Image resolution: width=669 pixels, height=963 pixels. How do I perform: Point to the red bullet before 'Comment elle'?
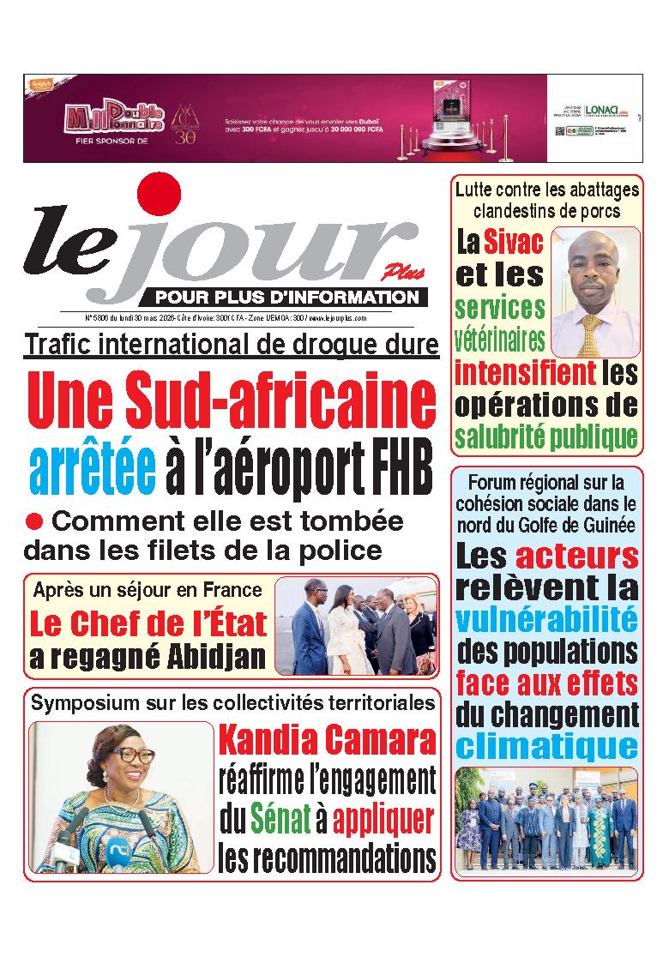(x=34, y=521)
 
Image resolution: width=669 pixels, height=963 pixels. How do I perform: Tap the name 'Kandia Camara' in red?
(x=327, y=740)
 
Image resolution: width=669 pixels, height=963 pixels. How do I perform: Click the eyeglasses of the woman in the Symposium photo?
(x=130, y=756)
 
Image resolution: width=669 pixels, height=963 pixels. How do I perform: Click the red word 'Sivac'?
(x=512, y=243)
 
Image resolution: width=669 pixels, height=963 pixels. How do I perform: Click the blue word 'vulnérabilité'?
(x=546, y=619)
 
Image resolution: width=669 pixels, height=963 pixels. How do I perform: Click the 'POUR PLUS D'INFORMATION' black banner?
(x=286, y=298)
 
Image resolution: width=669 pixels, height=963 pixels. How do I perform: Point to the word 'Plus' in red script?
(x=393, y=273)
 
